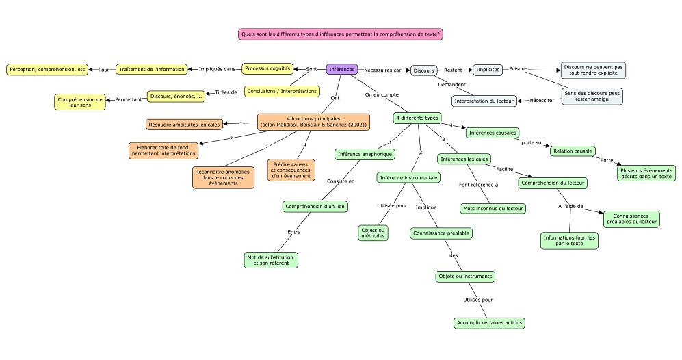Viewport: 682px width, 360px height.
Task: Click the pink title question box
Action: point(340,34)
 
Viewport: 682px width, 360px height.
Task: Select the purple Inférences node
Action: point(342,69)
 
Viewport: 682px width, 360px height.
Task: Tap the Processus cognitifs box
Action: point(267,68)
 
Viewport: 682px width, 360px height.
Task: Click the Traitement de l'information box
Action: point(152,69)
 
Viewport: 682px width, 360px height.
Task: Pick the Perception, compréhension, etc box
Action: point(47,69)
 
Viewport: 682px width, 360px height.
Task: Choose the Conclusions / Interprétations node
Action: point(282,91)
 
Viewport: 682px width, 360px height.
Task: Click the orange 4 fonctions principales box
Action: point(313,121)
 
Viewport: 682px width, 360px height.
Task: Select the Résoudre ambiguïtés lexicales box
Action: point(184,125)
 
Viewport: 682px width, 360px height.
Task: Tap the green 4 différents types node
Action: point(417,118)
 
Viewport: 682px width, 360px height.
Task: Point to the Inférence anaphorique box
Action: point(365,154)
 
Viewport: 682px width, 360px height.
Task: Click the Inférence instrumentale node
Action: point(409,178)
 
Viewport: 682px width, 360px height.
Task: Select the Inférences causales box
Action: point(493,133)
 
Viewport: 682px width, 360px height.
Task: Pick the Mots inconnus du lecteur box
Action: point(493,209)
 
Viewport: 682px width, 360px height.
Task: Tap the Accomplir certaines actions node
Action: point(489,322)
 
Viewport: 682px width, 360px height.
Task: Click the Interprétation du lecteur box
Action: point(484,101)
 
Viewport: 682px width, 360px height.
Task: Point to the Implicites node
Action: point(488,70)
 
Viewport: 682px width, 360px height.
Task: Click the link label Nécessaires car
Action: point(382,70)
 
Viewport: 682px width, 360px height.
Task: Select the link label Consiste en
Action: point(341,181)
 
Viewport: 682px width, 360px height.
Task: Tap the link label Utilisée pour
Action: point(392,205)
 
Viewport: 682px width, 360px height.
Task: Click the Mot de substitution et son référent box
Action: point(270,260)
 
